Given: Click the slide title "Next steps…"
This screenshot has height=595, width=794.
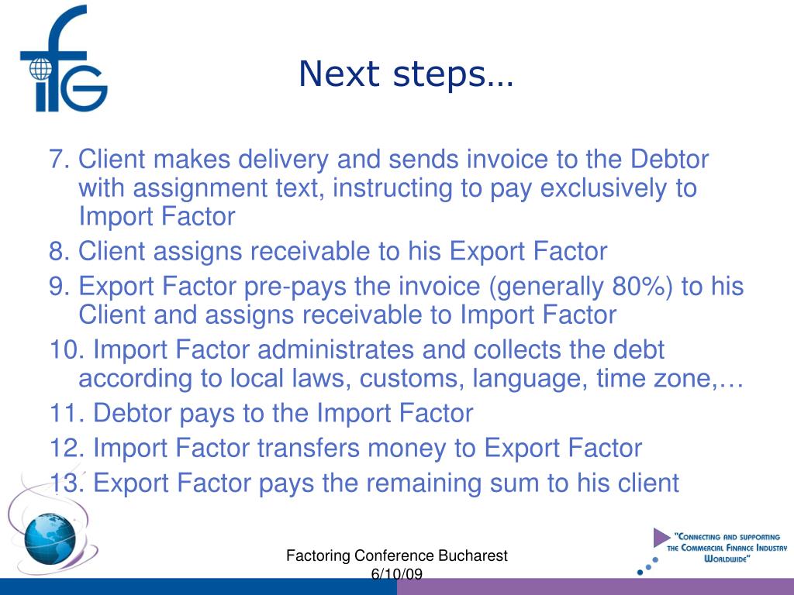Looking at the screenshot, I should (406, 74).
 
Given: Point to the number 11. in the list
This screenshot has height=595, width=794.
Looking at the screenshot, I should (67, 414).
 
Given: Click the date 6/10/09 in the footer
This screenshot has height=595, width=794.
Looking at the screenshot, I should (396, 574).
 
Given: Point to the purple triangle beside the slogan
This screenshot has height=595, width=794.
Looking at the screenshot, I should (661, 537).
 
